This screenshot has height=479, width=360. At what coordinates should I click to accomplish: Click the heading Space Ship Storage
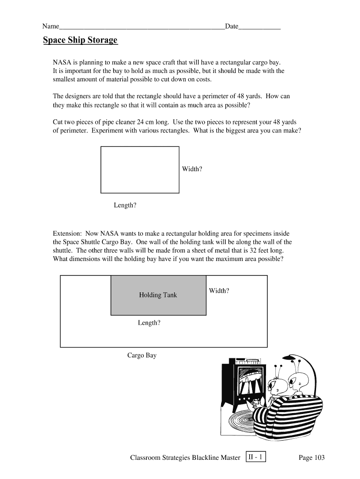pos(80,40)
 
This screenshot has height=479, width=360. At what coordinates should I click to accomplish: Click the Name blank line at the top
pos(142,29)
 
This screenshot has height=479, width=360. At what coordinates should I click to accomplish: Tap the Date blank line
pos(259,29)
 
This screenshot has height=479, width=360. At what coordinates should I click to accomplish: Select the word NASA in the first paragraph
pos(62,62)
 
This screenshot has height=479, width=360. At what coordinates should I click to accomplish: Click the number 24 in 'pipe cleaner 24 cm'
pos(140,122)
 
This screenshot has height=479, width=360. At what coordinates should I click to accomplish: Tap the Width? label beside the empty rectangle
pos(192,169)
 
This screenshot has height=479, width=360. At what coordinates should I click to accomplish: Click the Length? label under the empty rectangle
pos(125,205)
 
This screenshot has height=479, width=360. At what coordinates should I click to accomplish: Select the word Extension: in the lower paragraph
pos(67,233)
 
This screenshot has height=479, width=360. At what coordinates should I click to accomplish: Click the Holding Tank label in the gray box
pos(158,295)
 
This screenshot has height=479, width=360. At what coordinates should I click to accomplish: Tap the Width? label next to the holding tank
pos(219,290)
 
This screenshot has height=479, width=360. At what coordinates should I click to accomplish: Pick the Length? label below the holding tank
pos(149,323)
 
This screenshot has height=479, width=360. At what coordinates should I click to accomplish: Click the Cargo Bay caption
pos(142,356)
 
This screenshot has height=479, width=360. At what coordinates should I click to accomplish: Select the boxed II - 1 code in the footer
pos(256,457)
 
